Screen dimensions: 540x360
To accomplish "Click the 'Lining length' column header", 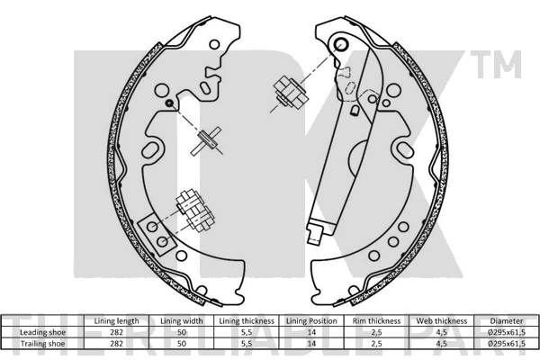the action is pyautogui.click(x=116, y=321).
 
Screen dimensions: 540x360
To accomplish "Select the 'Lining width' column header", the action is pyautogui.click(x=182, y=321).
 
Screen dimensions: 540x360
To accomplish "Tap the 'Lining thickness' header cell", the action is pyautogui.click(x=247, y=321).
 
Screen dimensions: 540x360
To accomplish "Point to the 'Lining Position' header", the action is pyautogui.click(x=311, y=321).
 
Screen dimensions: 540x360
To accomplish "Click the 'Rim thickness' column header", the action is pyautogui.click(x=376, y=321).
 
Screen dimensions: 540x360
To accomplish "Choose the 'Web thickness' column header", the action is pyautogui.click(x=442, y=321).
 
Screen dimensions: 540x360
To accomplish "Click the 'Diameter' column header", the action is pyautogui.click(x=507, y=321).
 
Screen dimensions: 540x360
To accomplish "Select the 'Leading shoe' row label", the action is pyautogui.click(x=42, y=332).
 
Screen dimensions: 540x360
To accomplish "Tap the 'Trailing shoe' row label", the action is pyautogui.click(x=42, y=344).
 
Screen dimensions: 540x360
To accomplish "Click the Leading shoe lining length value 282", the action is pyautogui.click(x=116, y=332).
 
